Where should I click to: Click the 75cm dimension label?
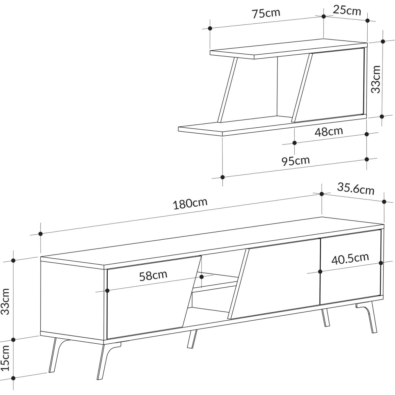tap(266, 13)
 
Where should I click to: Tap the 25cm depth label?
tap(347, 10)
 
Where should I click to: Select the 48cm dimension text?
tap(329, 132)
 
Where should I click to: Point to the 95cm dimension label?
tap(295, 161)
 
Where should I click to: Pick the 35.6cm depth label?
tap(356, 189)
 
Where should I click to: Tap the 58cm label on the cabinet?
tap(153, 276)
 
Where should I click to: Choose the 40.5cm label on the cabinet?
tap(350, 259)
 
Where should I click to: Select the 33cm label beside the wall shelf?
tap(376, 79)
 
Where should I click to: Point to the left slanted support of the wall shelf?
tap(227, 90)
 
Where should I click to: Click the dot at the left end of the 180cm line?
tap(40, 234)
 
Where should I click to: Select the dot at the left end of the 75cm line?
tap(210, 28)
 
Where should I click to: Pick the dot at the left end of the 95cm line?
tap(223, 177)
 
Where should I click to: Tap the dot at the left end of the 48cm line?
tap(295, 143)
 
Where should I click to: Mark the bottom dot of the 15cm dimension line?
tap(13, 378)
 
